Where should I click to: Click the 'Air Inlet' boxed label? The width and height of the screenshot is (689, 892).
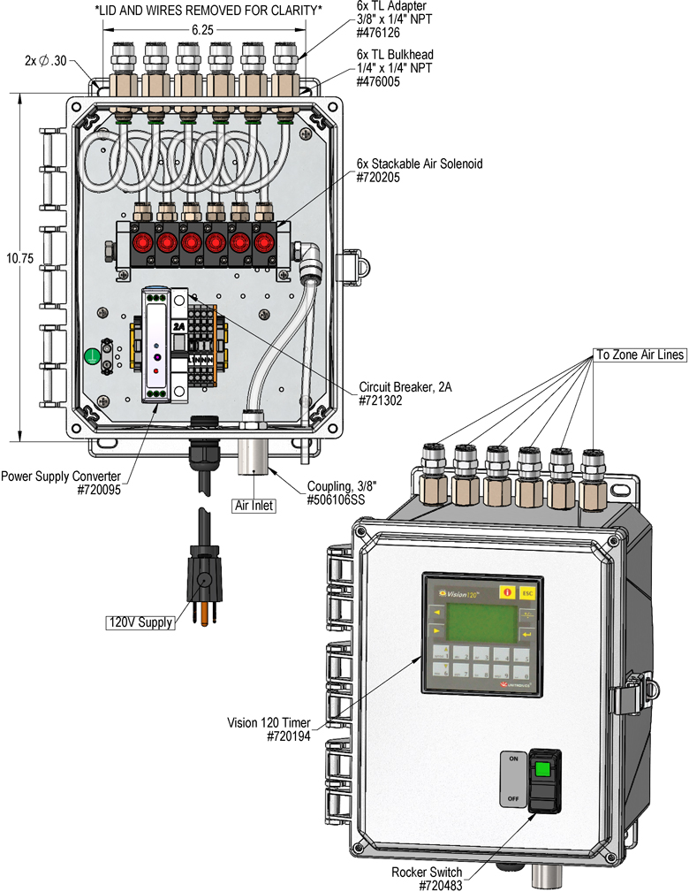[254, 505]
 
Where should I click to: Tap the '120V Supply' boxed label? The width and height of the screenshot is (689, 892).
[140, 622]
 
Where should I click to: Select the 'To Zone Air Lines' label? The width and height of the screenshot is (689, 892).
[640, 355]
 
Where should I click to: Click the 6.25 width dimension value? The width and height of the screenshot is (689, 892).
[202, 30]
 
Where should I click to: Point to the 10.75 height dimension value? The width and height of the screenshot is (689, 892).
[20, 258]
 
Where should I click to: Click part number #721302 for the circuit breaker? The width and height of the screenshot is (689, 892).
[381, 400]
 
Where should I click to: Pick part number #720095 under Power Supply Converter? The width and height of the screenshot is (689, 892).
[99, 490]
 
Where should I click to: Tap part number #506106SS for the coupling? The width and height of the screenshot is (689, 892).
[336, 500]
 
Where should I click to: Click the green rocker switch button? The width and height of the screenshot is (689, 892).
[542, 770]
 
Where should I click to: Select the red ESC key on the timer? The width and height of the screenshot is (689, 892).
[527, 593]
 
